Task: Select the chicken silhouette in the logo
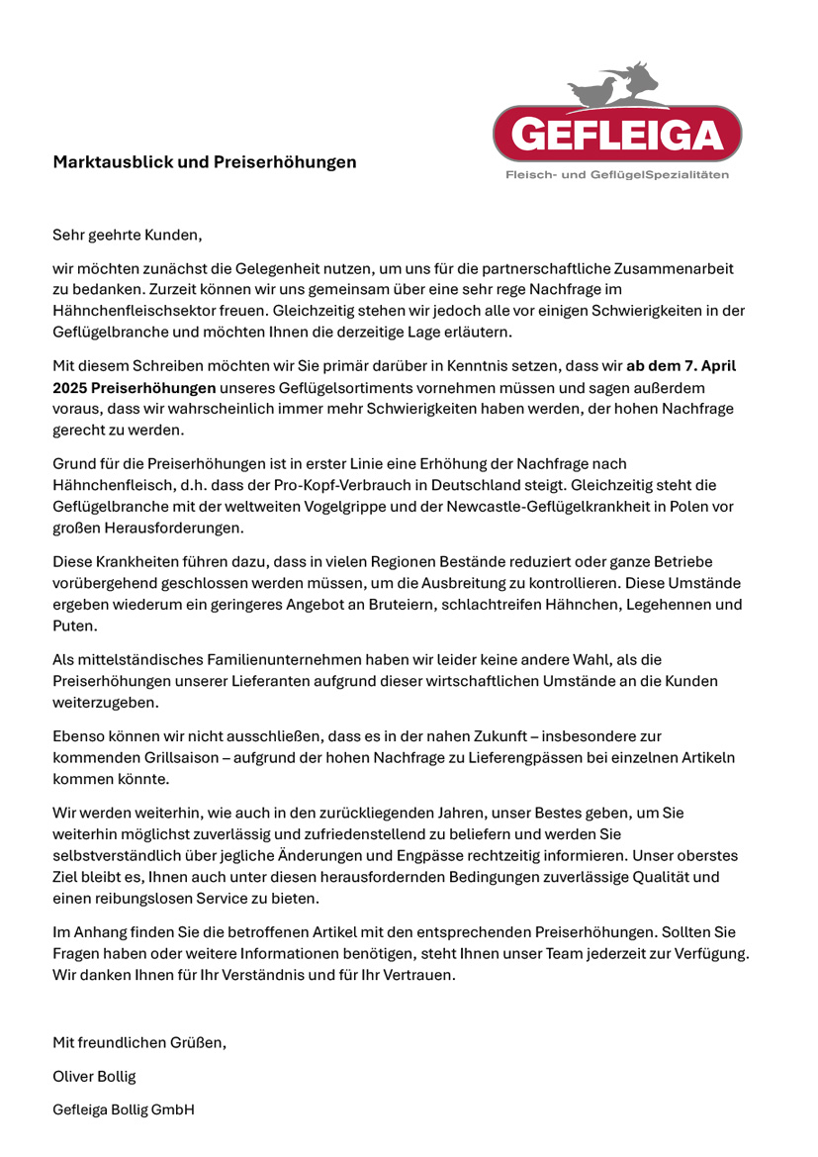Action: point(595,91)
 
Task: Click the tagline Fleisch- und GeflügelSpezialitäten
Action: point(617,175)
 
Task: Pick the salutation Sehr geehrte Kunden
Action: point(127,236)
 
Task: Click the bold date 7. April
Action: point(705,366)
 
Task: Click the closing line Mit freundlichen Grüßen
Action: point(139,1042)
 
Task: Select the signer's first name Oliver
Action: point(74,1076)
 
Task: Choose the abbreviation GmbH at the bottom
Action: point(173,1109)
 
